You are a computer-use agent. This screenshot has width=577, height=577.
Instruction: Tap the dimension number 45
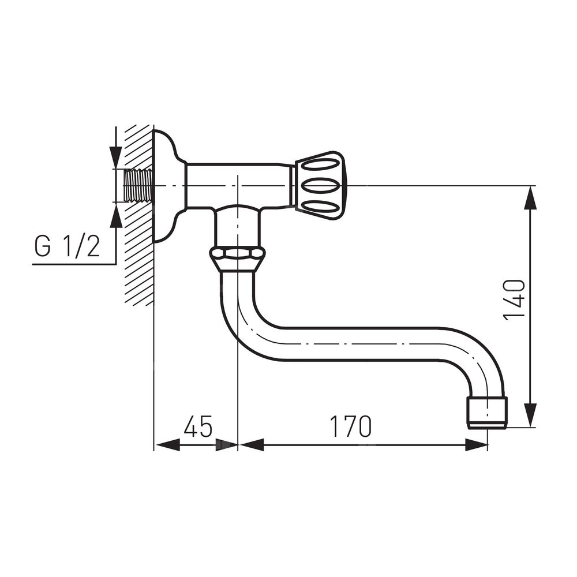(198, 426)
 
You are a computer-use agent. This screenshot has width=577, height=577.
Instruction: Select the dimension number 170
(351, 426)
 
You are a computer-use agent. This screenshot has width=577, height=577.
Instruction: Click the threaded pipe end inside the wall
(138, 185)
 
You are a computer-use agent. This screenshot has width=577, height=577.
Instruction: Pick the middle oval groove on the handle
(322, 185)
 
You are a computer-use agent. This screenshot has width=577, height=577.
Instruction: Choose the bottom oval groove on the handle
(322, 208)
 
